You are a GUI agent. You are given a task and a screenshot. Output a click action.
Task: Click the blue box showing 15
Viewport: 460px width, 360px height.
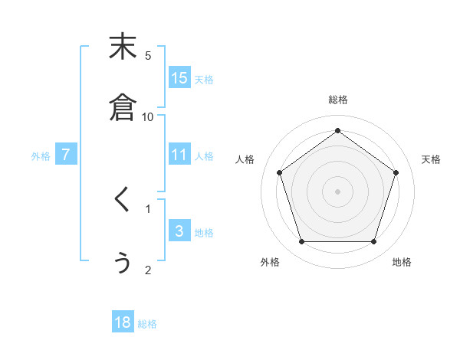point(179,77)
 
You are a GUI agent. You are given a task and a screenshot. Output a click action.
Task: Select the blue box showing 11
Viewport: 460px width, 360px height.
point(179,154)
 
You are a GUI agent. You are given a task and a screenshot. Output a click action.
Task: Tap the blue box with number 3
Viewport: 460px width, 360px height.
point(179,231)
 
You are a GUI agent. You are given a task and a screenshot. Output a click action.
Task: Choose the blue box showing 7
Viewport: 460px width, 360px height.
point(67,154)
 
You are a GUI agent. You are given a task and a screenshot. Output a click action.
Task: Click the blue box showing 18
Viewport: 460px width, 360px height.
point(123,322)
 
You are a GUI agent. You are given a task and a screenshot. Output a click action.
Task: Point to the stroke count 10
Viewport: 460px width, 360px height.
point(148,116)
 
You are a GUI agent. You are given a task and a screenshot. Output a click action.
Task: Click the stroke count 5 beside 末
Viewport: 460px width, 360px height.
point(148,55)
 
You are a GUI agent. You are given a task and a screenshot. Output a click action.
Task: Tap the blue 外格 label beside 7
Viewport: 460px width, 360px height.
point(41,155)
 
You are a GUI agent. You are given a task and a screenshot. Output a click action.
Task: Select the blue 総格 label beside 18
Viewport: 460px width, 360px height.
point(147,324)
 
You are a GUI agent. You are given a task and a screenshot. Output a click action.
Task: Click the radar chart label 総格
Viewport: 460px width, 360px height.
point(337,100)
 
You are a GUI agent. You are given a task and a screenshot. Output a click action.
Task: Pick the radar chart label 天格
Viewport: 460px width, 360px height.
point(431,159)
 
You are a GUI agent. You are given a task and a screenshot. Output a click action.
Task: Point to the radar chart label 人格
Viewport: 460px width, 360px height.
point(245,159)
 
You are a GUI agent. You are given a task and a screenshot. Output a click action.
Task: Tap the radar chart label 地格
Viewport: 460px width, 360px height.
point(402,262)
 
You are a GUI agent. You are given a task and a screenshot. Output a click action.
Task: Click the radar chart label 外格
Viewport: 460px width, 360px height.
point(270,262)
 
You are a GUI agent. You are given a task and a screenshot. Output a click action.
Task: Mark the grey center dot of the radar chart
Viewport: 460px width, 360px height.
point(337,191)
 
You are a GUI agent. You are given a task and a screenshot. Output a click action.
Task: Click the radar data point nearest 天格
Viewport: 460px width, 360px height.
point(396,172)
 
